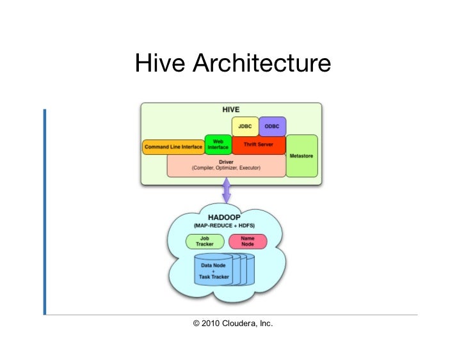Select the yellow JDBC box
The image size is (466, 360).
point(245,126)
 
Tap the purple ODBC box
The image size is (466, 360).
point(272,126)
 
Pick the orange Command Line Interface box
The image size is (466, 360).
point(173,147)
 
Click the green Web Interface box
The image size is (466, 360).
point(218,144)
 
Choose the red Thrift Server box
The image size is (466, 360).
point(259,145)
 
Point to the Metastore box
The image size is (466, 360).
point(301,155)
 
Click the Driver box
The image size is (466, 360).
point(226,166)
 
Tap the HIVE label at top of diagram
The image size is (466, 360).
point(230,109)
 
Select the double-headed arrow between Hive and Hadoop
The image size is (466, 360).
point(226,191)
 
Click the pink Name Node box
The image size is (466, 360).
point(247,241)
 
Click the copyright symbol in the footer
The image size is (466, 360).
point(197,324)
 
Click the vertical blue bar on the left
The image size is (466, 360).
point(45,212)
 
